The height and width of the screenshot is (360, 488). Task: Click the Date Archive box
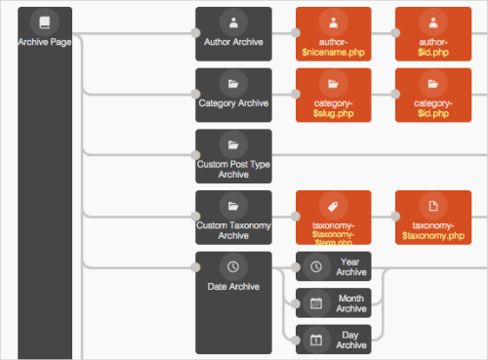click(233, 302)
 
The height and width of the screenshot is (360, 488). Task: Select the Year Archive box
click(333, 266)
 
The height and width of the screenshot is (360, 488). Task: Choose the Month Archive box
click(333, 302)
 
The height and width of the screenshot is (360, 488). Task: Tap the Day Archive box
click(333, 339)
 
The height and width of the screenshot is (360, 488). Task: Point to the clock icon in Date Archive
click(233, 266)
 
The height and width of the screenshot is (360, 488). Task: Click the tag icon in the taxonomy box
click(333, 206)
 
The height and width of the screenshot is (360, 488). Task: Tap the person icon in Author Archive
click(233, 21)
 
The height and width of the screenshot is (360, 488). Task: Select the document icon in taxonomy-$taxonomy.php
click(431, 206)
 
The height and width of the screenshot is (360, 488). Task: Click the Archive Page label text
click(44, 41)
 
